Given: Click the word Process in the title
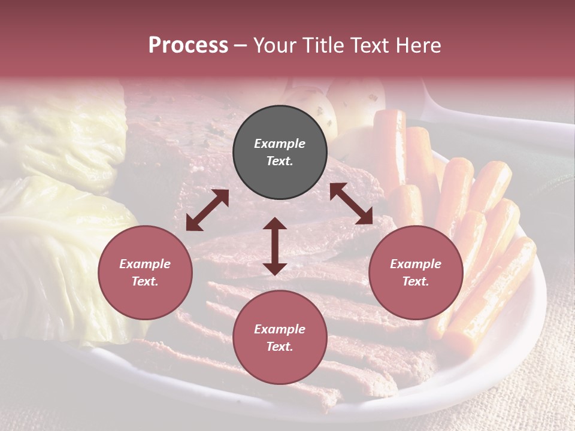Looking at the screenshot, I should (x=188, y=45).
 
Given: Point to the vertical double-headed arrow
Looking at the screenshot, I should (x=275, y=246).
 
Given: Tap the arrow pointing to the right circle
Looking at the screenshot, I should (x=351, y=204).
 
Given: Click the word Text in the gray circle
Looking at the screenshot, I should (x=279, y=161).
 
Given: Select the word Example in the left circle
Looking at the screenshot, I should (x=145, y=264).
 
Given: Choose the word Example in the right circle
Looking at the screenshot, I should (x=416, y=264).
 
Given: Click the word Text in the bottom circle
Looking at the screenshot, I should (x=279, y=347).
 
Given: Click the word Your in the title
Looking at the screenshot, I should (x=273, y=45).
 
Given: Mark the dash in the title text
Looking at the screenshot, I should (x=241, y=45).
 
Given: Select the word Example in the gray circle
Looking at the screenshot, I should (x=280, y=144).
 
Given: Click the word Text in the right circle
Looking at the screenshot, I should (x=415, y=281).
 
